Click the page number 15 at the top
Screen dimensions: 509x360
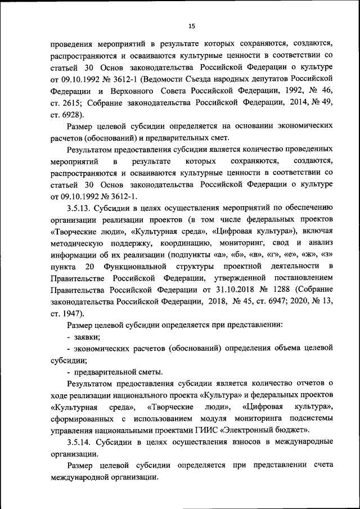tap(191, 26)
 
